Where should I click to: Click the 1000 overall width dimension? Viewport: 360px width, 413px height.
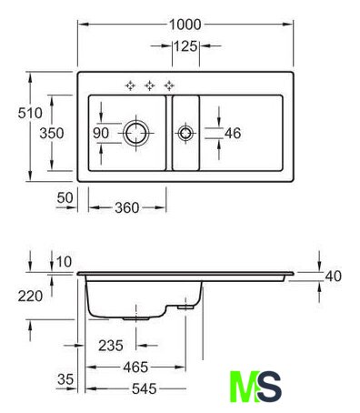click(x=185, y=25)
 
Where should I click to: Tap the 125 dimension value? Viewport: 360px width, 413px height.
click(x=185, y=46)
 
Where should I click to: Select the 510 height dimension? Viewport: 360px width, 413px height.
click(x=30, y=113)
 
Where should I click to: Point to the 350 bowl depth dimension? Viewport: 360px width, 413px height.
click(x=52, y=133)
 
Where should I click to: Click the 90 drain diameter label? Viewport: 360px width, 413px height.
click(x=101, y=133)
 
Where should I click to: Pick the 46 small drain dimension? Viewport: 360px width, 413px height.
click(x=233, y=133)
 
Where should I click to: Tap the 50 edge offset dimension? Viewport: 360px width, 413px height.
click(x=65, y=198)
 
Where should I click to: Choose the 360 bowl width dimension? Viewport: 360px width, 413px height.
click(x=127, y=207)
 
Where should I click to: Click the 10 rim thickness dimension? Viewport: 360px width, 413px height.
click(x=64, y=262)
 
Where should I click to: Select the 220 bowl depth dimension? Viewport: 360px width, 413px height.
click(x=30, y=296)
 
